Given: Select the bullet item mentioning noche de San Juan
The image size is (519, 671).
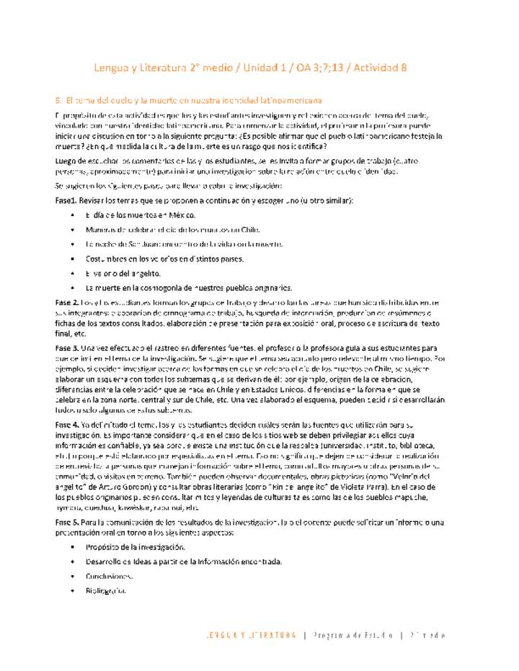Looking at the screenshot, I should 183,244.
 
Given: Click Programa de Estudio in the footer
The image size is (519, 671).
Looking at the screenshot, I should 352,636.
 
